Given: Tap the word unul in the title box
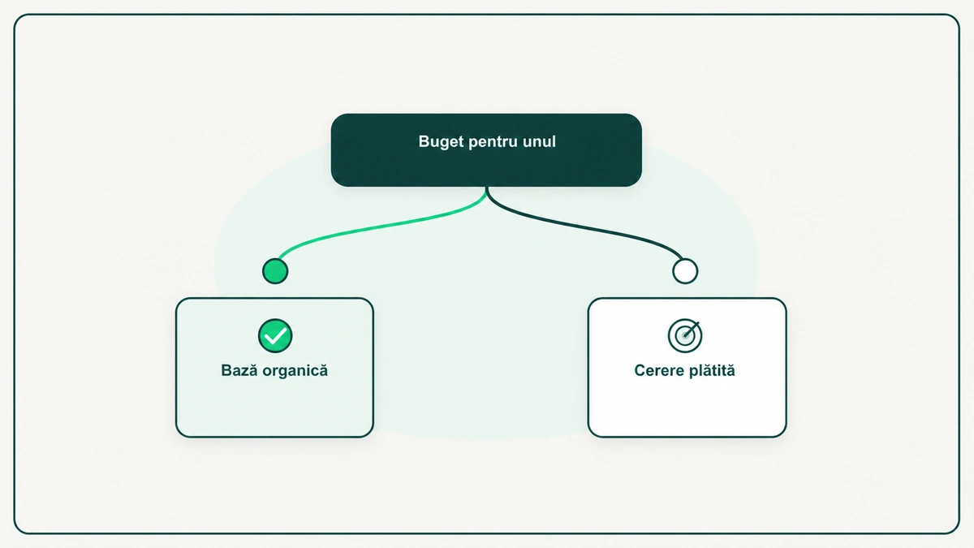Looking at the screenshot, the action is pos(539,141).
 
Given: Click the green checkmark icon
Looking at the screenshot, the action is pos(275,336).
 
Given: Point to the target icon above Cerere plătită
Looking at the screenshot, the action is pos(685,336).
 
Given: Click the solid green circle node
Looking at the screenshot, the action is pos(275,271).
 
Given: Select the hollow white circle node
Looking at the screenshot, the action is pos(685,271).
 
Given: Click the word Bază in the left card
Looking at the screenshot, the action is pos(239,370).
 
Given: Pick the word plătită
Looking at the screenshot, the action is pos(710,370).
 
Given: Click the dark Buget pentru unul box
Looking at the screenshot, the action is pos(486,150).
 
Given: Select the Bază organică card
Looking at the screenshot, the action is pos(274,368).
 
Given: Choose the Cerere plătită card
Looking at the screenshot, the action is pos(687,368).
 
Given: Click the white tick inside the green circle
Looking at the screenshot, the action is pos(275,336).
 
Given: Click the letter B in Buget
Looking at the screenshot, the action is pos(424,141).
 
